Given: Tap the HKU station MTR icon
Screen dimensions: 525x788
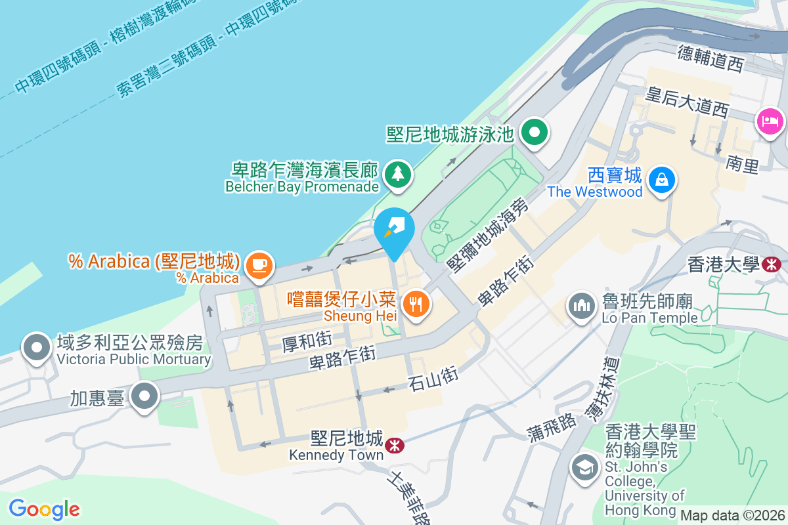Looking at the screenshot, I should click(x=772, y=264).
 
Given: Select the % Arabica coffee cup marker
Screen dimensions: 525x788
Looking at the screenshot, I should click(x=259, y=264).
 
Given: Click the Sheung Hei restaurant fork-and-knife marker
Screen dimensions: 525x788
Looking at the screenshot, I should click(x=416, y=304).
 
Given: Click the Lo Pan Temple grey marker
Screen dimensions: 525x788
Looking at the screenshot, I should click(x=581, y=305).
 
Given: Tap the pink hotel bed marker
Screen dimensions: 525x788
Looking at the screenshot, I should click(x=770, y=121).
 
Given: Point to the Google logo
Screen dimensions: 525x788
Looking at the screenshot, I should click(x=44, y=509).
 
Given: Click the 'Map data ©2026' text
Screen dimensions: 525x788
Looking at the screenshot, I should click(x=732, y=515).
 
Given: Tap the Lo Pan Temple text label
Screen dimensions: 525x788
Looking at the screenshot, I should click(x=649, y=318).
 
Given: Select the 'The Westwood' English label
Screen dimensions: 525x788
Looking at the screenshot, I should click(x=595, y=192).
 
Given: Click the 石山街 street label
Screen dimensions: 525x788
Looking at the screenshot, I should click(x=433, y=379).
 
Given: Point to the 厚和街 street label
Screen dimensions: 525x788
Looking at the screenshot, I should click(x=306, y=341).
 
